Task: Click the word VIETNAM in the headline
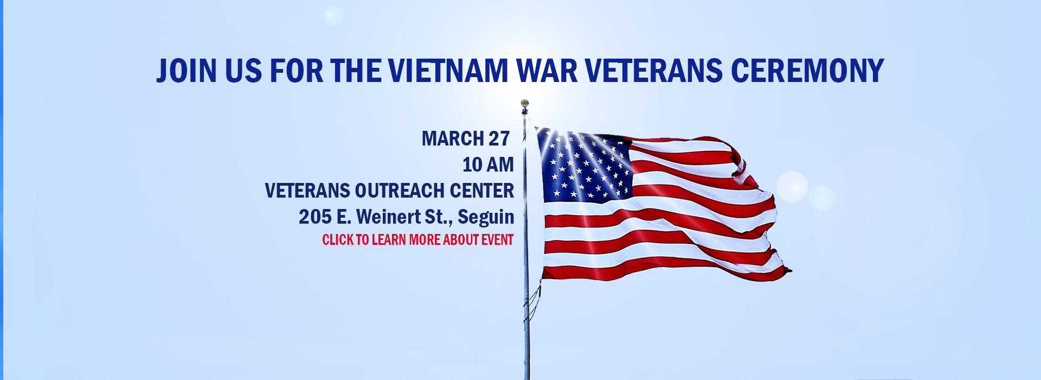click(448, 71)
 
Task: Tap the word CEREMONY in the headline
click(807, 71)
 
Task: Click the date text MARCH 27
click(466, 138)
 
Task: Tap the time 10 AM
click(488, 164)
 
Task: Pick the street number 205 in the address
click(315, 217)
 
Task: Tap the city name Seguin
click(486, 217)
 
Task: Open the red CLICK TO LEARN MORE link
click(417, 239)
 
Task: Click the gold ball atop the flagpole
click(524, 103)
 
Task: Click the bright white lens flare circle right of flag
click(792, 187)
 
